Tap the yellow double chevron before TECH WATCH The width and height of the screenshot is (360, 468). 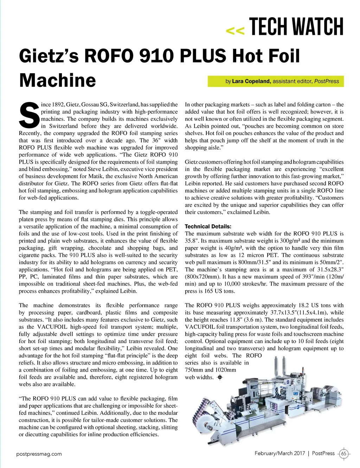click(x=235, y=31)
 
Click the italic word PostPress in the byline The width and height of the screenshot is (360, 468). click(x=327, y=81)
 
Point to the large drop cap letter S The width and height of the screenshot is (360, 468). click(x=29, y=115)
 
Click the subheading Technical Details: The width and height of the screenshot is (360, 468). click(x=208, y=227)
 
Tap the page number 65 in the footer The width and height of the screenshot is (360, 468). click(x=343, y=454)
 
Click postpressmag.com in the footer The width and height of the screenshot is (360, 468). click(x=39, y=454)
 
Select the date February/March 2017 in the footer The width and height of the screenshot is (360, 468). click(x=280, y=453)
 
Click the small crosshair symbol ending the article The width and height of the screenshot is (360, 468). click(x=220, y=377)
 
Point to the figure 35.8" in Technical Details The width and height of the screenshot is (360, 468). click(x=192, y=241)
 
